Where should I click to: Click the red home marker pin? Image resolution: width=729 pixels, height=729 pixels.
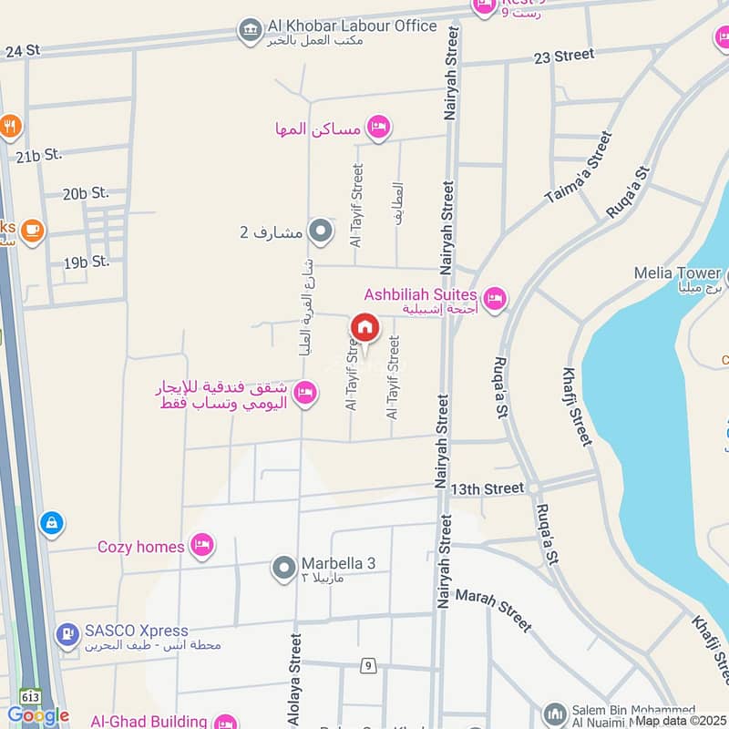point(364,328)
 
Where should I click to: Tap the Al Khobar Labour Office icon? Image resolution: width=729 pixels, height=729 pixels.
point(248,30)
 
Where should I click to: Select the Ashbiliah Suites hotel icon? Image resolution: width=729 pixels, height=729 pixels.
point(494,298)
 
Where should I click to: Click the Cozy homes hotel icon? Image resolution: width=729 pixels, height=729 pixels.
point(201,546)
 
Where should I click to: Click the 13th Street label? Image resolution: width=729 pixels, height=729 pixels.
point(491,489)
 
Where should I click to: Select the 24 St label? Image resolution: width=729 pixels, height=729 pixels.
point(25,51)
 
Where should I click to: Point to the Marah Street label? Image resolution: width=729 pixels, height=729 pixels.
point(492,609)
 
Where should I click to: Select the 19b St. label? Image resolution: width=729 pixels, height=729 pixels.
point(87,262)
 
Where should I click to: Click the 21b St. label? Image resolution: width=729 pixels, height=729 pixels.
point(38,155)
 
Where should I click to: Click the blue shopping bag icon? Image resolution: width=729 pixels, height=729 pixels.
point(52,523)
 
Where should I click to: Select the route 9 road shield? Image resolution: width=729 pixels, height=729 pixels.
point(368,665)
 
